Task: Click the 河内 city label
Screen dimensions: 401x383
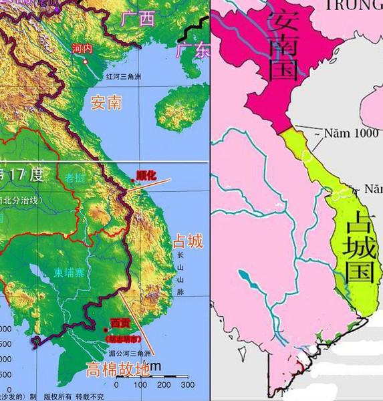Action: [x=82, y=49]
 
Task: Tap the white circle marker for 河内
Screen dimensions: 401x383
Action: [x=87, y=61]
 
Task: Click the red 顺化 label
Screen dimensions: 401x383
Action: [x=145, y=175]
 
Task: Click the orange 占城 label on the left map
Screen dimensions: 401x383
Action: [x=187, y=241]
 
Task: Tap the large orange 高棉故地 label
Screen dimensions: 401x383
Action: [x=118, y=369]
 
